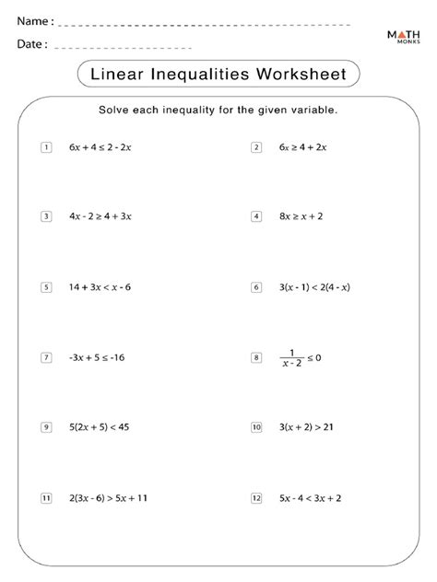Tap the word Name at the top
coord(32,21)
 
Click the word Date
coord(30,44)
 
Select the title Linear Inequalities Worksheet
coord(218,73)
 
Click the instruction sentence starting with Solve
coord(218,110)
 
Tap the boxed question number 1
coord(45,147)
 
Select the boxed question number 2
coord(255,147)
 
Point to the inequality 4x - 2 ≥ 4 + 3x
coord(100,216)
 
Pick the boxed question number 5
coord(45,287)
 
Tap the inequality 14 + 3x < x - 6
coord(100,287)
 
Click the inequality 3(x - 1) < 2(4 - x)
coord(314,287)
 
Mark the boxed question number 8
coord(255,357)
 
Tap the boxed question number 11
coord(45,498)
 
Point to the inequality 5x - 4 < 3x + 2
coord(310,498)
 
